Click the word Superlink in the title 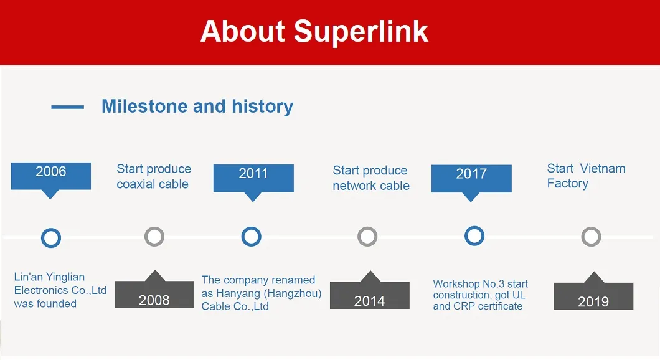[361, 32]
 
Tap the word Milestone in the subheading [145, 106]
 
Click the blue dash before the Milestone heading [67, 107]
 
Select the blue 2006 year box [51, 176]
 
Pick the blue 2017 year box [471, 179]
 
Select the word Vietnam [603, 168]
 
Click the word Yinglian [65, 277]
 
